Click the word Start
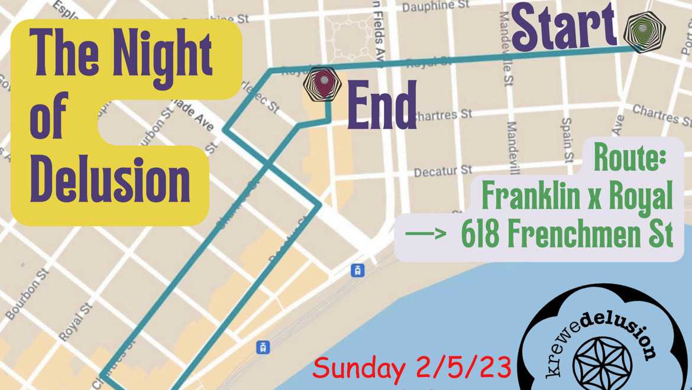[564, 27]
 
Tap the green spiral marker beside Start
[644, 31]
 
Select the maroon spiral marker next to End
[323, 84]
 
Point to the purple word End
[381, 105]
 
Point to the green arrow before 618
[425, 235]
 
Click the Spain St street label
[567, 139]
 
